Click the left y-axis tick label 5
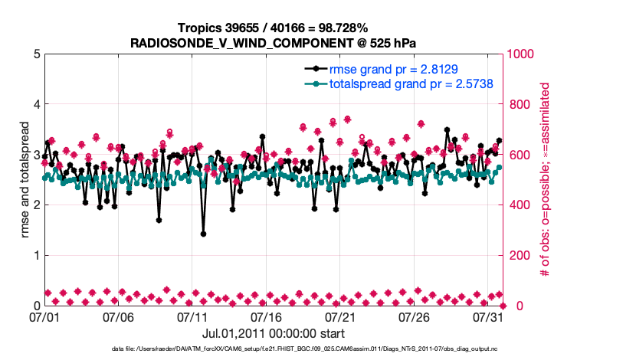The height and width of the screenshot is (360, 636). click(38, 54)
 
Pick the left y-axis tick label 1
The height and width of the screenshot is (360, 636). click(38, 255)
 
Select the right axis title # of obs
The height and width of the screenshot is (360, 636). click(546, 180)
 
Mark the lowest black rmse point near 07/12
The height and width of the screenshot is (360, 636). click(203, 234)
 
